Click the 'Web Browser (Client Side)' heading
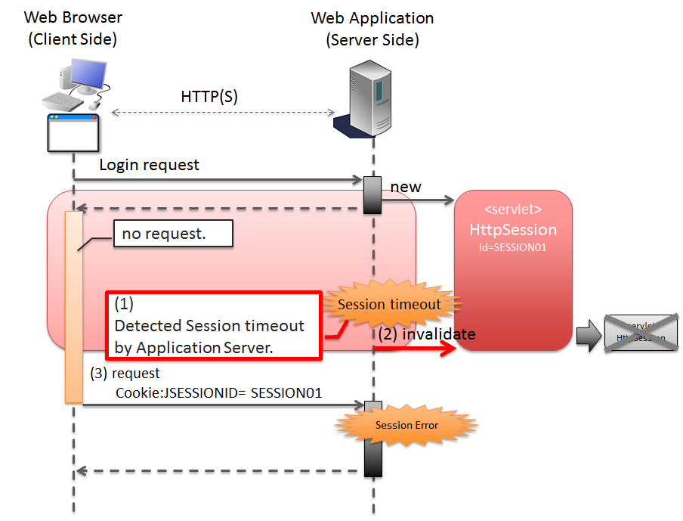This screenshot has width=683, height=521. point(73,28)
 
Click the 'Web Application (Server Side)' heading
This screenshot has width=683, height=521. point(372,28)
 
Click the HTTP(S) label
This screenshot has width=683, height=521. point(209,97)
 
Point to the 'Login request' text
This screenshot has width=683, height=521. point(149,164)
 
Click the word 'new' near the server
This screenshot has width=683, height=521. point(406,186)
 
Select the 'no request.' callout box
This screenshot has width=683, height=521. point(173,234)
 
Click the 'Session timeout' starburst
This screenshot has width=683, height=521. point(389,305)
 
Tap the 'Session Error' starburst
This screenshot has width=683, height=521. point(406,425)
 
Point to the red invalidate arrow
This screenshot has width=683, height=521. point(416,349)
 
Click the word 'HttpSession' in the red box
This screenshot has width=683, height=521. point(513,230)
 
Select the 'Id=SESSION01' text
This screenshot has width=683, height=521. point(513,247)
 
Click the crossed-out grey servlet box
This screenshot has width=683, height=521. point(641,333)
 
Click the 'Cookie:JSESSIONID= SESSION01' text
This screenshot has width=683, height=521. point(218,393)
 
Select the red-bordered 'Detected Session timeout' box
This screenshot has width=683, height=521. point(214,326)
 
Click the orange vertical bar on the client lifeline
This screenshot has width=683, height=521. point(73,306)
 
